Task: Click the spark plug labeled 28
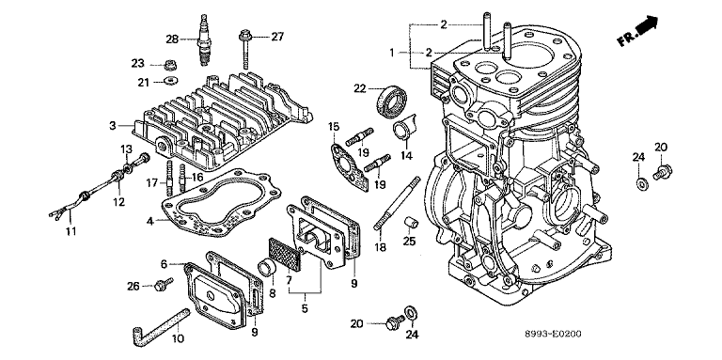pyautogui.click(x=203, y=40)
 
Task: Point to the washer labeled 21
pyautogui.click(x=171, y=82)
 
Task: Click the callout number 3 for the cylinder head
pyautogui.click(x=112, y=125)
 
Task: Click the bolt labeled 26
pyautogui.click(x=164, y=284)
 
